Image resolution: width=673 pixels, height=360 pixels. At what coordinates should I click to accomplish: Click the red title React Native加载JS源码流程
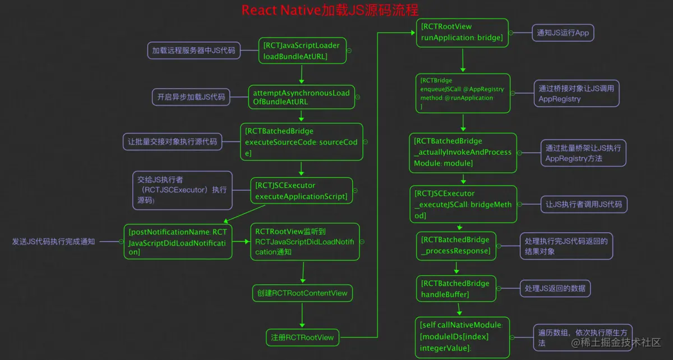pyautogui.click(x=330, y=10)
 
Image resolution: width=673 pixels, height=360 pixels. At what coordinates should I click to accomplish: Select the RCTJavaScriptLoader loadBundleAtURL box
pyautogui.click(x=301, y=50)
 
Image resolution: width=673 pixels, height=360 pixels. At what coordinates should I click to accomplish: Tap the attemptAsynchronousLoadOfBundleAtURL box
pyautogui.click(x=301, y=97)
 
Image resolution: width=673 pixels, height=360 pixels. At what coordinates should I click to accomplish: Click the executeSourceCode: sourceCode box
pyautogui.click(x=301, y=142)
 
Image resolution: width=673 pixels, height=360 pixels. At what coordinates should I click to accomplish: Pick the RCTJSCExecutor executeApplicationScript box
pyautogui.click(x=301, y=191)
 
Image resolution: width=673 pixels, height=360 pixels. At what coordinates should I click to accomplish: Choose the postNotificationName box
pyautogui.click(x=178, y=242)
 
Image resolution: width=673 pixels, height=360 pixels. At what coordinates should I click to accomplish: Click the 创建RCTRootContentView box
pyautogui.click(x=302, y=293)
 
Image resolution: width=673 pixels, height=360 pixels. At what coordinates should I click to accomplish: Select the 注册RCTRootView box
pyautogui.click(x=302, y=337)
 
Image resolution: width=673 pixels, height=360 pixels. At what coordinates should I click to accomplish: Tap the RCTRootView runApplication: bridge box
pyautogui.click(x=462, y=33)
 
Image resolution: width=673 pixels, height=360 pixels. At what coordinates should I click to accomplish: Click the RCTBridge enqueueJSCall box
pyautogui.click(x=463, y=93)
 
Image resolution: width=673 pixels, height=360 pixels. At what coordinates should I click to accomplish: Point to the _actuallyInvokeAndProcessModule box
pyautogui.click(x=463, y=152)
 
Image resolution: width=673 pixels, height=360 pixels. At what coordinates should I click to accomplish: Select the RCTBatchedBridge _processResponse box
pyautogui.click(x=455, y=245)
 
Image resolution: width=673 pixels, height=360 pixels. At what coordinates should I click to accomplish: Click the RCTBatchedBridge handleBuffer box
pyautogui.click(x=455, y=289)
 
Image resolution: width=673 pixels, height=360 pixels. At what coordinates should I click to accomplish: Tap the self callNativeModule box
pyautogui.click(x=462, y=336)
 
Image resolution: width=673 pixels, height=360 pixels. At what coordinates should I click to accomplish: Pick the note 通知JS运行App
pyautogui.click(x=563, y=33)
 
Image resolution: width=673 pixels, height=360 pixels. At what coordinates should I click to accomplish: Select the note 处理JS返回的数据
pyautogui.click(x=555, y=288)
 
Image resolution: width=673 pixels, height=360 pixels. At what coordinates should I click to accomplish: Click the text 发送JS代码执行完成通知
pyautogui.click(x=54, y=242)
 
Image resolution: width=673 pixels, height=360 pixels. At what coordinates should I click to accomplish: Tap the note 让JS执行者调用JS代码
pyautogui.click(x=583, y=204)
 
